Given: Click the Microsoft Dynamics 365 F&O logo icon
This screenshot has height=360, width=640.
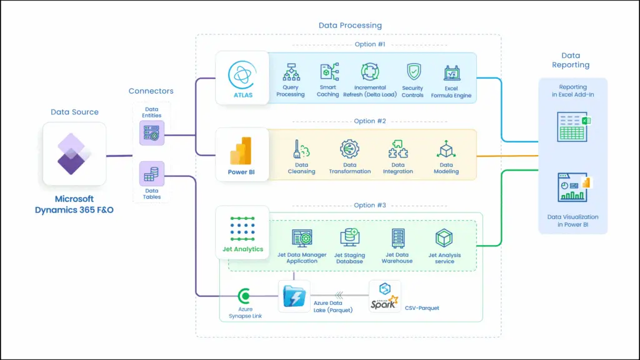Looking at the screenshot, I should click(x=74, y=154).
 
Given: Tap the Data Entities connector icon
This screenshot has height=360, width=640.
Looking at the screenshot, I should click(x=151, y=133).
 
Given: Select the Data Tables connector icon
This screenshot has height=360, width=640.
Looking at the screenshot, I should click(x=151, y=174).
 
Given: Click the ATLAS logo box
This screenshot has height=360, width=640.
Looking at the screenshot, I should click(x=242, y=78).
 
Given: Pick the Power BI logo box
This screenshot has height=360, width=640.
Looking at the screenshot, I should click(x=242, y=154).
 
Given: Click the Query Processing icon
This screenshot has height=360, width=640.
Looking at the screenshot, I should click(x=291, y=72).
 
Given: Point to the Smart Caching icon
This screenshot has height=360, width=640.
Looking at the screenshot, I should click(x=329, y=72).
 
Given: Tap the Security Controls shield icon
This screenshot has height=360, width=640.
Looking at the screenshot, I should click(x=413, y=72).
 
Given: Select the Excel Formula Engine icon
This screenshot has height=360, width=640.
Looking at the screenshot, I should click(x=451, y=72).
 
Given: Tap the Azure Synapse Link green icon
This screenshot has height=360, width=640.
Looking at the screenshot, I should click(x=245, y=296).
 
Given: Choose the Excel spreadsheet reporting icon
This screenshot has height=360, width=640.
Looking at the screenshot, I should click(x=572, y=126).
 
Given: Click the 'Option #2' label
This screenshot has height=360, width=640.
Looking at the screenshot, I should click(x=364, y=121).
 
